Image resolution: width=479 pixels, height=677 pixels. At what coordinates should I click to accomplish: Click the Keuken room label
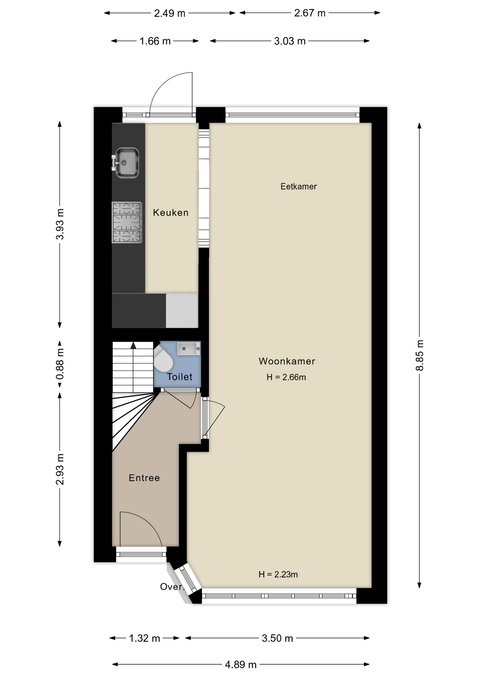click(x=171, y=213)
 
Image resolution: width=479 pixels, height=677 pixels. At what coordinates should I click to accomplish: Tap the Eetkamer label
click(x=298, y=187)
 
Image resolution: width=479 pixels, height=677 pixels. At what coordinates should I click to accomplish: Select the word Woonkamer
click(x=287, y=361)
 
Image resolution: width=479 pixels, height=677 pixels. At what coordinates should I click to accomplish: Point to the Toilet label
click(x=180, y=377)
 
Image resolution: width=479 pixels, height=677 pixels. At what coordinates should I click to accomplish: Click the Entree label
click(x=144, y=478)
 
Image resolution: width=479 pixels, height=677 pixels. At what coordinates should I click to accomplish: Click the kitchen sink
click(x=126, y=163)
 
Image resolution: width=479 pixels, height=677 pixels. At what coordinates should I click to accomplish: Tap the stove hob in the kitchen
click(x=127, y=222)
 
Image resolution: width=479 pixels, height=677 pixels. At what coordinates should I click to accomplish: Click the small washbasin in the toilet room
click(x=189, y=348)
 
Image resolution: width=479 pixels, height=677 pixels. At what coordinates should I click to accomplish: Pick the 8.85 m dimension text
click(x=419, y=355)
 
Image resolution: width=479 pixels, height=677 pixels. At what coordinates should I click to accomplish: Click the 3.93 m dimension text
click(x=60, y=224)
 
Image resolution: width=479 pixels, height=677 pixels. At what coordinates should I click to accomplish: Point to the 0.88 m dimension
click(x=60, y=364)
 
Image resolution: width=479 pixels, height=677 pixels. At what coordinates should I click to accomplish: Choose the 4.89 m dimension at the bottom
click(x=241, y=665)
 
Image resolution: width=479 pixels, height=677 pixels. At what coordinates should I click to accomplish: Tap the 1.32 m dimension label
click(x=145, y=638)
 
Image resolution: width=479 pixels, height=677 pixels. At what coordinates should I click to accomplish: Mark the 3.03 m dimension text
click(x=290, y=41)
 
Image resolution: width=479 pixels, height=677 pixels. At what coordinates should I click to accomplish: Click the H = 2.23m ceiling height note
click(x=278, y=574)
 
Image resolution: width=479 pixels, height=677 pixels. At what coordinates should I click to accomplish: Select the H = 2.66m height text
click(x=286, y=377)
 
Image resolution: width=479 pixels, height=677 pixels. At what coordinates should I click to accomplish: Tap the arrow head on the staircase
click(x=133, y=346)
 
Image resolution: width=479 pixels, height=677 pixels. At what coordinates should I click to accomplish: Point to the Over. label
click(x=172, y=587)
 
